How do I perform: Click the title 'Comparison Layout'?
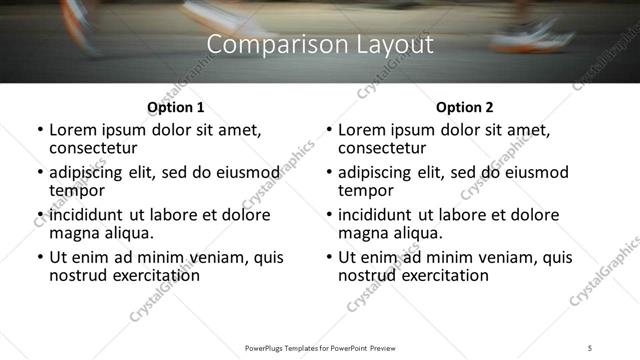(x=319, y=45)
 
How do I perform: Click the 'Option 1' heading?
(x=175, y=107)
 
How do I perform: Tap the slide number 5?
(x=590, y=347)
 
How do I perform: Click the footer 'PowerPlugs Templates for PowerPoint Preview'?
(x=319, y=347)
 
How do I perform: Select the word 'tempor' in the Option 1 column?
(x=77, y=190)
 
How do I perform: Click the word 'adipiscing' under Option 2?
(x=376, y=172)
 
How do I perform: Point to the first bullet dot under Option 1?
(x=39, y=131)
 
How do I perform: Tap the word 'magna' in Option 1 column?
(x=73, y=233)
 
